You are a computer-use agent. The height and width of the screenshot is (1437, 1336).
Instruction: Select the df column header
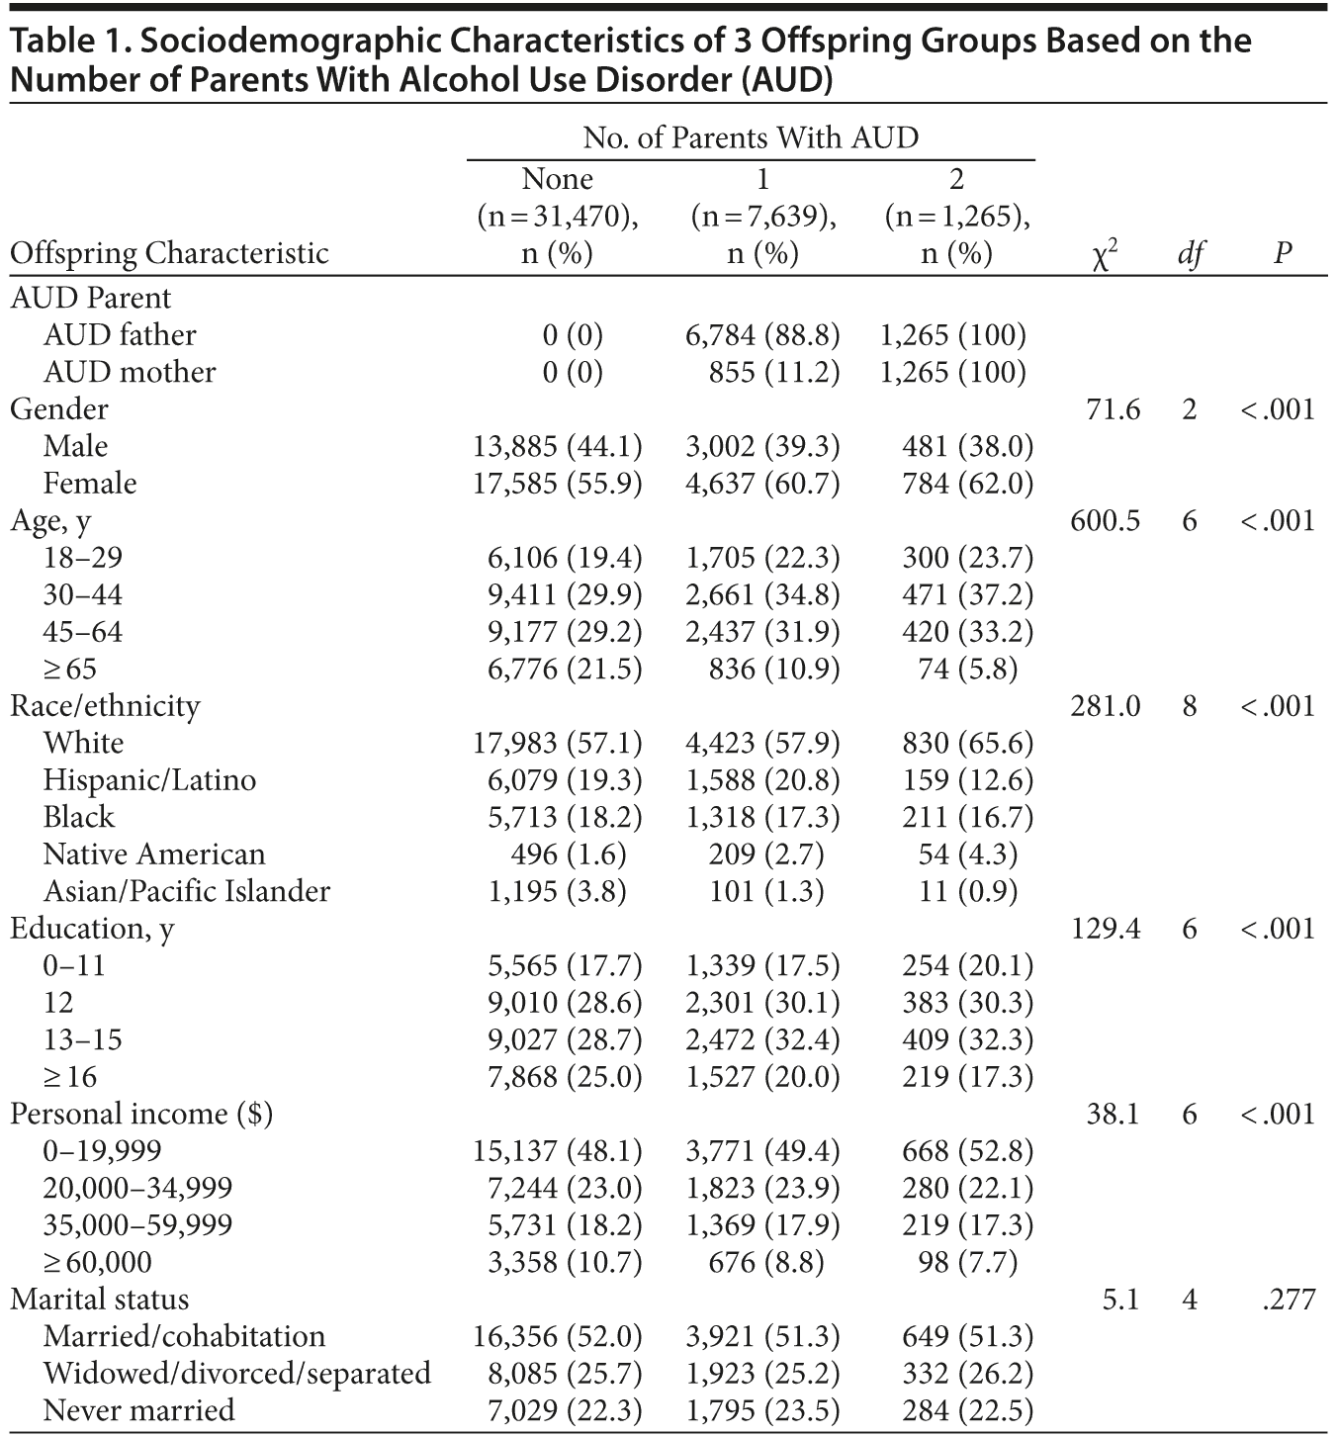[1190, 255]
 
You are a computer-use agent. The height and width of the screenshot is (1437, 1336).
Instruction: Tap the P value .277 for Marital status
[1289, 1299]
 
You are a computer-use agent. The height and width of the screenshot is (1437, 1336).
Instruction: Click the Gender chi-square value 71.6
[1113, 408]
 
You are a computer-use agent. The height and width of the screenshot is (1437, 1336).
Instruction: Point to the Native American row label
[154, 853]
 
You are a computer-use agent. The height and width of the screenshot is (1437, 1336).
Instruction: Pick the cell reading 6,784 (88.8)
[761, 334]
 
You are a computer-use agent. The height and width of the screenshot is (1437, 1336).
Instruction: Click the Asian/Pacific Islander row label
[187, 891]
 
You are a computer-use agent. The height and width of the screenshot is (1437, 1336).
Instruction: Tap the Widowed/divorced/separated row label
[237, 1373]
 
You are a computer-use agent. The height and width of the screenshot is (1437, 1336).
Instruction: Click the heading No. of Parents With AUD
[751, 137]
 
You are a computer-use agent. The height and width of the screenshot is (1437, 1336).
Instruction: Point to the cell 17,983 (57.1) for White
[558, 743]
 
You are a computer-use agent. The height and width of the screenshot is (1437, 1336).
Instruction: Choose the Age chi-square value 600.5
[1105, 520]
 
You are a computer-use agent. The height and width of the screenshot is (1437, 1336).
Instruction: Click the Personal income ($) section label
[141, 1114]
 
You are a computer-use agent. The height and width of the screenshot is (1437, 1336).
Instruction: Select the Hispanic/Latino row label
[149, 779]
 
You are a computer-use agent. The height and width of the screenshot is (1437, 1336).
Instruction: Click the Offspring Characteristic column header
[169, 253]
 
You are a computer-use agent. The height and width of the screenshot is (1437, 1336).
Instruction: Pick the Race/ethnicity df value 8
[1190, 705]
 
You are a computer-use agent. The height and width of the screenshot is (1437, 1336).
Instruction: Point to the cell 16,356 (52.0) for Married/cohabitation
[558, 1336]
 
